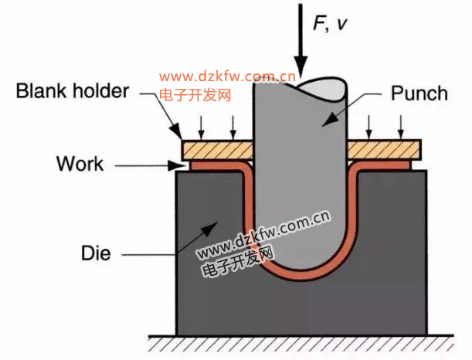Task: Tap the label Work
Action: [80, 164]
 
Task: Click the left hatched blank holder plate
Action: [218, 148]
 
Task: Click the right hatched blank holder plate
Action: [384, 148]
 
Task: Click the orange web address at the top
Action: [227, 77]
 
